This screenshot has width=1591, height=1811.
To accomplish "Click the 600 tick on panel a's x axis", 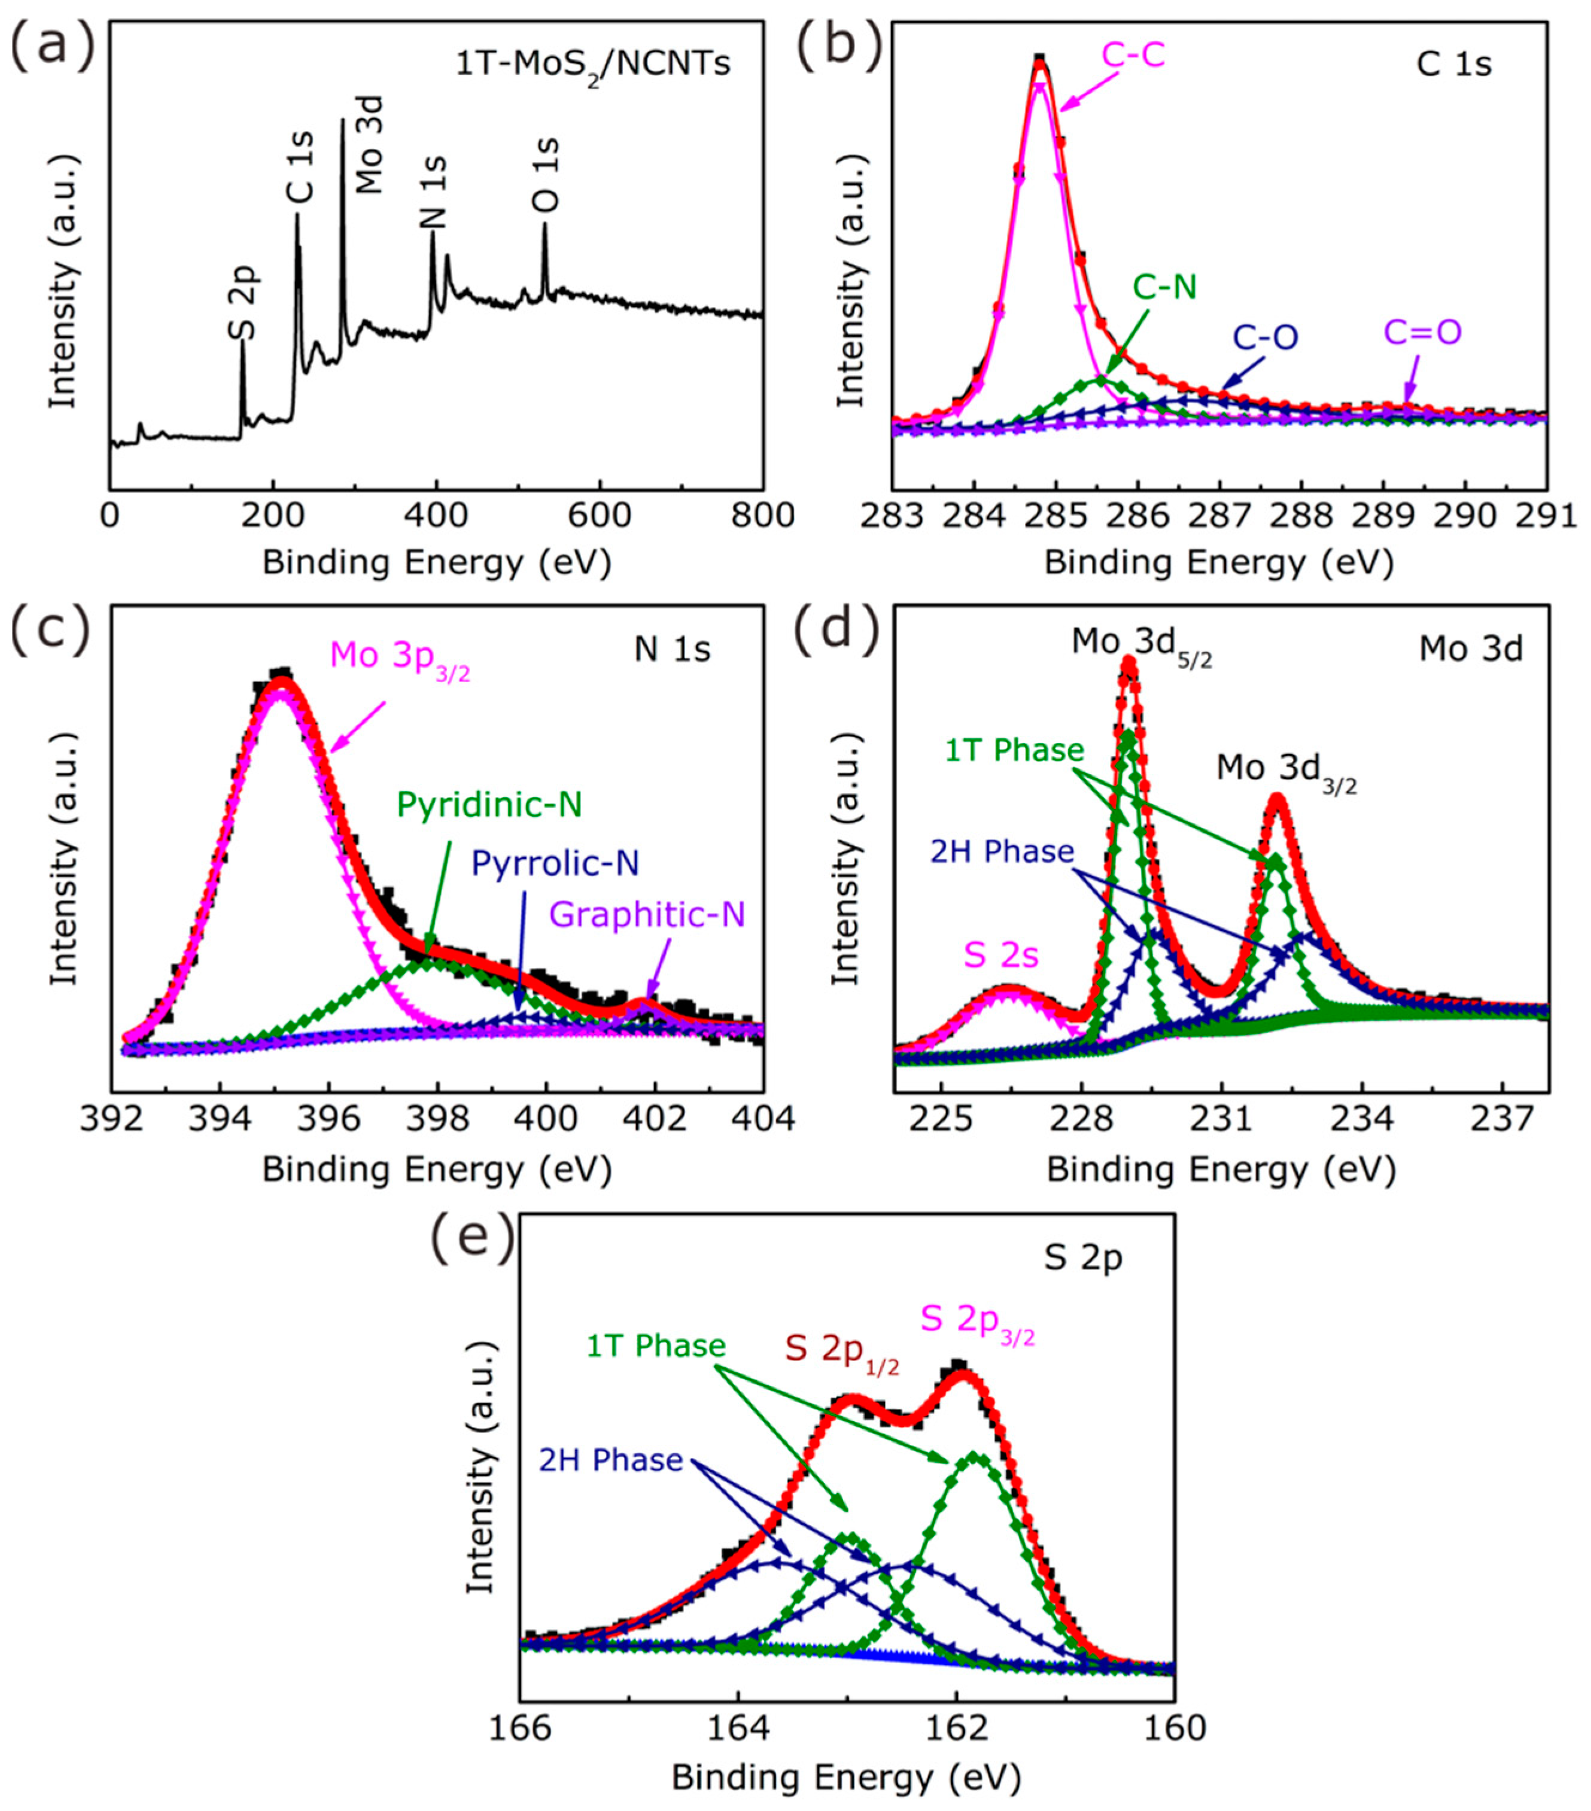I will coord(600,516).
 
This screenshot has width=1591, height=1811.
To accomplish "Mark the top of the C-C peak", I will coord(1040,60).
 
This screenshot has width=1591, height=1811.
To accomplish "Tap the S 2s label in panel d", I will coord(1001,956).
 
